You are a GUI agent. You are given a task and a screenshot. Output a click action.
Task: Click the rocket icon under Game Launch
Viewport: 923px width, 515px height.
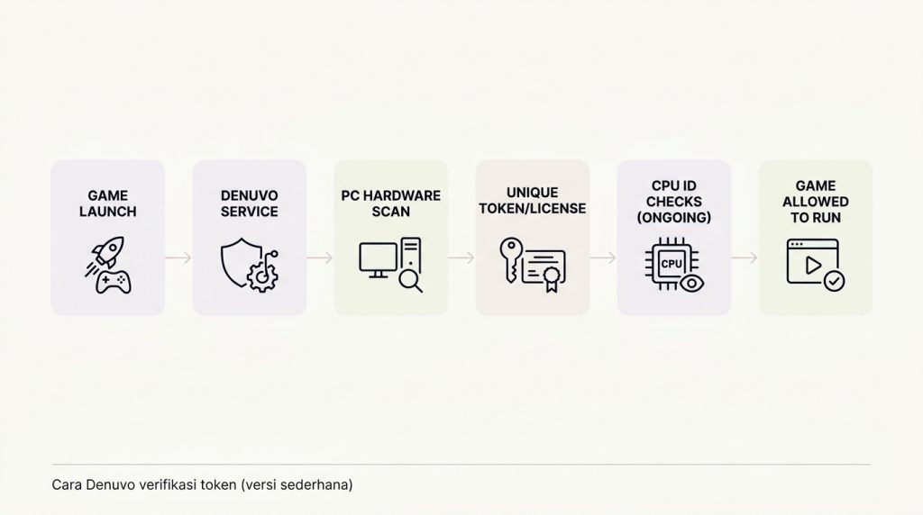pos(106,254)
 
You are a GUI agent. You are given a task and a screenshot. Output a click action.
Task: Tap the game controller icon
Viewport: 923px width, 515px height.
pos(113,282)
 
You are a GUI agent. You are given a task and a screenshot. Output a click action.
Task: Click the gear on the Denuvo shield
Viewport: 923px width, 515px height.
pos(262,277)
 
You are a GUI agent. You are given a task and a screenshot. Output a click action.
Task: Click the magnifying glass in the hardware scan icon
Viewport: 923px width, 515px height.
pos(410,280)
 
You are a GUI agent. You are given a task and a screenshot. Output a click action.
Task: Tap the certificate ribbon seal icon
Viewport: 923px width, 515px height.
pos(552,279)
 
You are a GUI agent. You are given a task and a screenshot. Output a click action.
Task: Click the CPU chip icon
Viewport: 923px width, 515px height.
pos(672,264)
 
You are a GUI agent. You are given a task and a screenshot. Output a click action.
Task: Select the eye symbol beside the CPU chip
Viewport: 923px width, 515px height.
pos(691,284)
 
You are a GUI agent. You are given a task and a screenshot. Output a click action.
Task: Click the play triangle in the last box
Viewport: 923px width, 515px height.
pos(813,266)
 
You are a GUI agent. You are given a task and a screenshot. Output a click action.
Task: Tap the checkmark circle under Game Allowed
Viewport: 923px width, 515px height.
pos(834,281)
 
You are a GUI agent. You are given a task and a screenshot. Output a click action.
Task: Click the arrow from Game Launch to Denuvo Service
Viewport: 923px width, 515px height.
pos(178,257)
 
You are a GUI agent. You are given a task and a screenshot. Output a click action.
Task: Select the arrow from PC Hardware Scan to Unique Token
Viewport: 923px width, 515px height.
pos(461,257)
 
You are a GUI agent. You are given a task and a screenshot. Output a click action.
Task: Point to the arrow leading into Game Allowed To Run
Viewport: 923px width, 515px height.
pos(745,257)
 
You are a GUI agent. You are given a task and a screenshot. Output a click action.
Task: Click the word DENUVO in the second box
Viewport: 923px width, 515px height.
pos(249,195)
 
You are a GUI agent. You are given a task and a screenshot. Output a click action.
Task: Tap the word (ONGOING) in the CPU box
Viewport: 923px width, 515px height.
pos(674,218)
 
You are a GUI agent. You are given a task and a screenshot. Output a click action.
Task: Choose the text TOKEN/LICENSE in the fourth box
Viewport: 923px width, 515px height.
pos(533,209)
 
